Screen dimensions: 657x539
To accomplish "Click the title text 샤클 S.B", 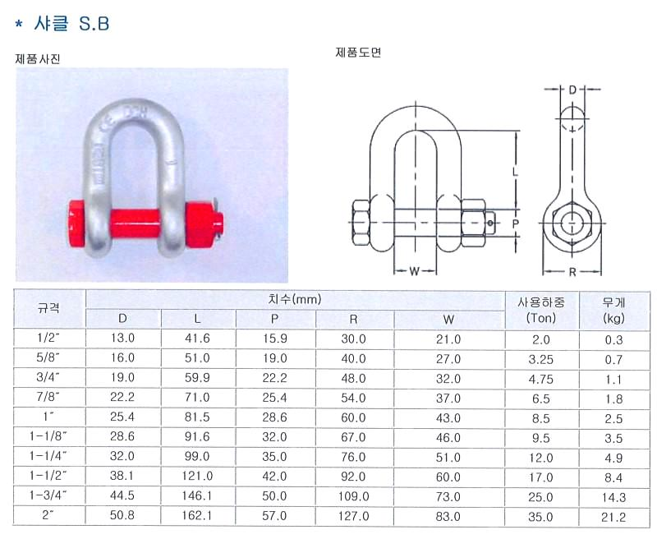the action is pyautogui.click(x=71, y=24).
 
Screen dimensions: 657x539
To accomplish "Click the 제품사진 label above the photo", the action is pyautogui.click(x=38, y=58).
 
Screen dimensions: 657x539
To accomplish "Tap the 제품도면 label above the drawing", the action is pyautogui.click(x=358, y=53).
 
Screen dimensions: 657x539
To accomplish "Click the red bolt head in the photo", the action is pyautogui.click(x=77, y=221).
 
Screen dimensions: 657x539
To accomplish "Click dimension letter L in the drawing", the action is pyautogui.click(x=516, y=171).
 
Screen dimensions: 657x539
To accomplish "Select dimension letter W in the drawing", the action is pyautogui.click(x=415, y=272).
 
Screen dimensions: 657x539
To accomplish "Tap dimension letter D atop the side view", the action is pyautogui.click(x=572, y=90).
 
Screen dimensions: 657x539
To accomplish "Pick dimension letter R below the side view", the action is pyautogui.click(x=572, y=273).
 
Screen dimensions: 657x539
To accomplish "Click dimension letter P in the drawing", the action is pyautogui.click(x=516, y=223).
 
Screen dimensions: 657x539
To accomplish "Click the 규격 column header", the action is pyautogui.click(x=48, y=309).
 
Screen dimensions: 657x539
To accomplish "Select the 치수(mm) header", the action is pyautogui.click(x=295, y=299).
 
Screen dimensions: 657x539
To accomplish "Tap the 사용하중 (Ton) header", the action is pyautogui.click(x=541, y=309).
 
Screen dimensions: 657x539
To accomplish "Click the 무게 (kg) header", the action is pyautogui.click(x=613, y=310).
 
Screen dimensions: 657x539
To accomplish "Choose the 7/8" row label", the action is pyautogui.click(x=48, y=397).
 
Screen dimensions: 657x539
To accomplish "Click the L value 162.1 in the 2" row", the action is pyautogui.click(x=197, y=515).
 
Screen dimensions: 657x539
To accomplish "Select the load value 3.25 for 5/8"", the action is pyautogui.click(x=541, y=359).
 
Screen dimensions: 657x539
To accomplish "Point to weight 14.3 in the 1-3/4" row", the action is pyautogui.click(x=613, y=497).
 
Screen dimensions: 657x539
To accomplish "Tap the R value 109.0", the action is pyautogui.click(x=354, y=496).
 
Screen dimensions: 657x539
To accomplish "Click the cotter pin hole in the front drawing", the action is pyautogui.click(x=490, y=223).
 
